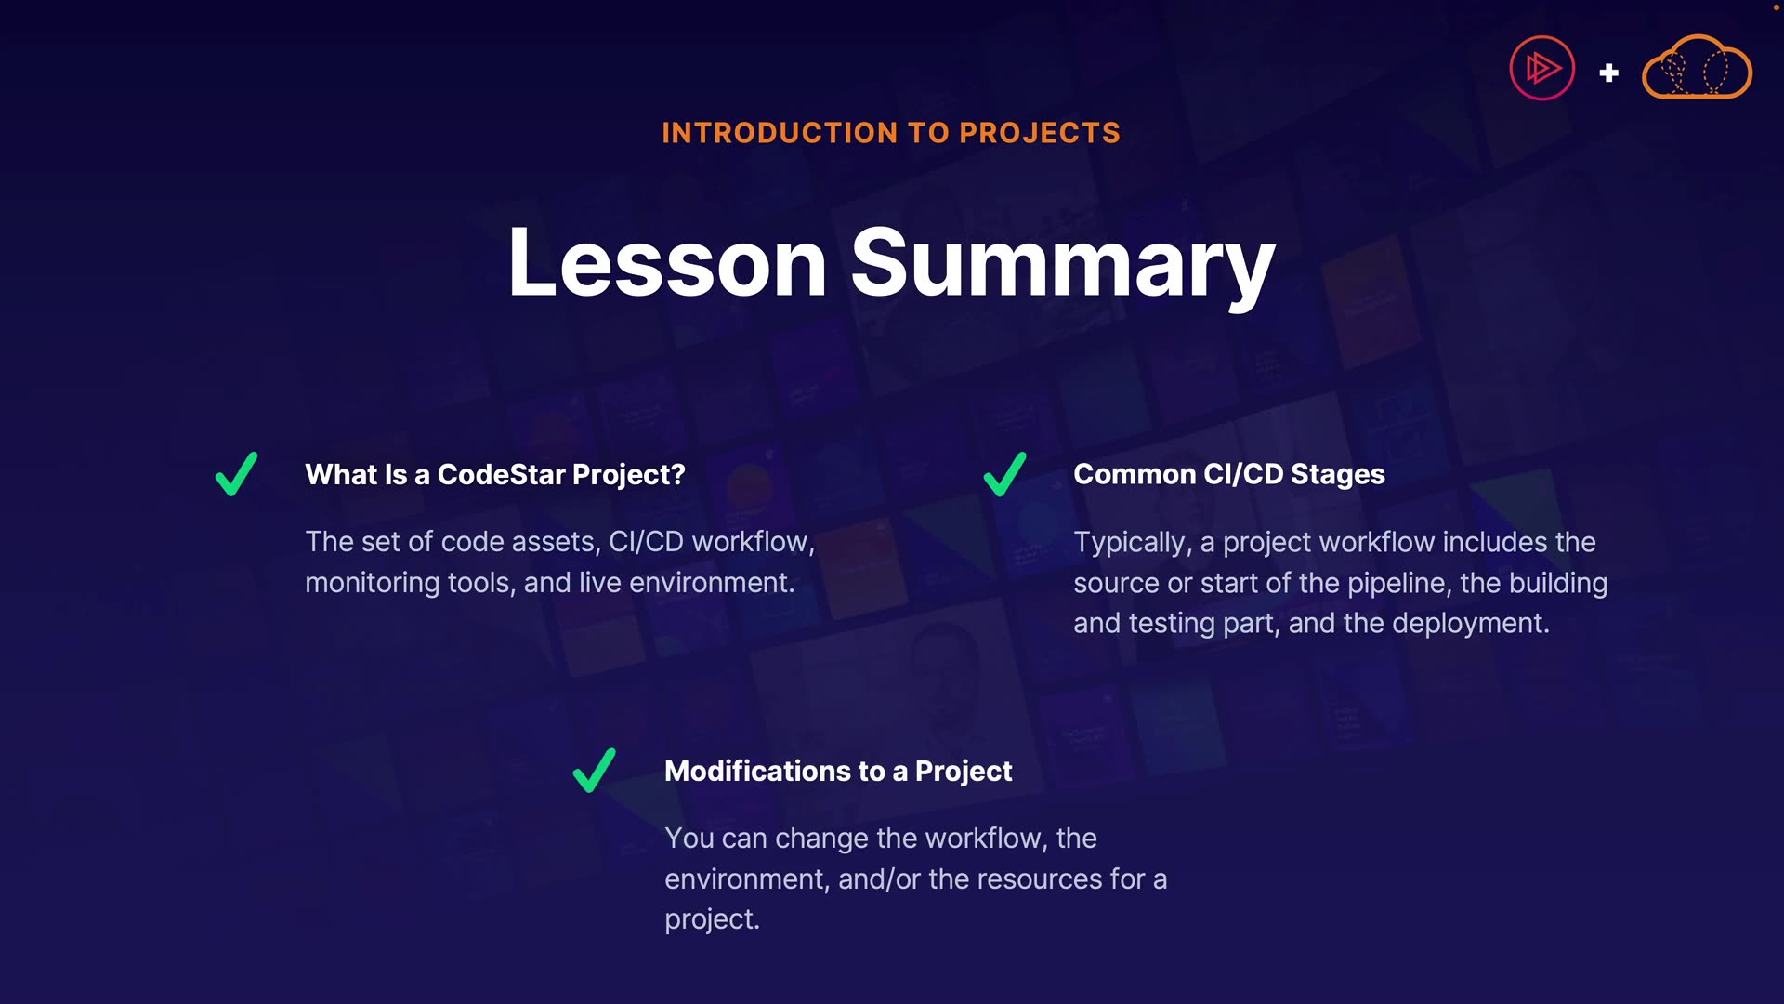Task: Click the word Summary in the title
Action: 1063,267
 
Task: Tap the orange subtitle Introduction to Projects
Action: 891,133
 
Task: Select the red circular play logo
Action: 1542,68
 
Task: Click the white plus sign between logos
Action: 1609,73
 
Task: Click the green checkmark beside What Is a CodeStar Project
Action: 236,474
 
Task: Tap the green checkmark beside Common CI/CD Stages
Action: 1004,474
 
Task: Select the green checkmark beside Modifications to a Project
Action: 594,771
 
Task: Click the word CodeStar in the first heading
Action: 501,474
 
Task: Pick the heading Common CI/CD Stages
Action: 1229,474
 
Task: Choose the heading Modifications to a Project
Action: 838,772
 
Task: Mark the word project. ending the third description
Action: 712,920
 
